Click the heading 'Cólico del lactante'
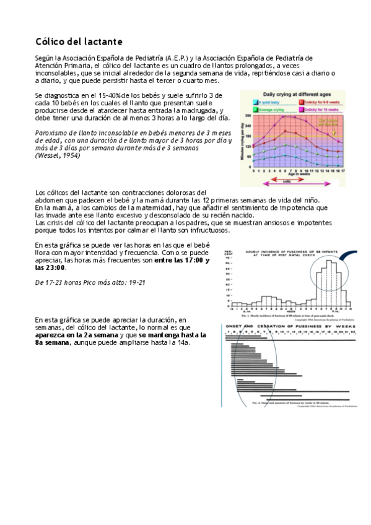78,41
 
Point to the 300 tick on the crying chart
248,116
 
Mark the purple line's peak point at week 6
284,116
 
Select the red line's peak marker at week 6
284,130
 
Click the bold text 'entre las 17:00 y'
180,261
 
